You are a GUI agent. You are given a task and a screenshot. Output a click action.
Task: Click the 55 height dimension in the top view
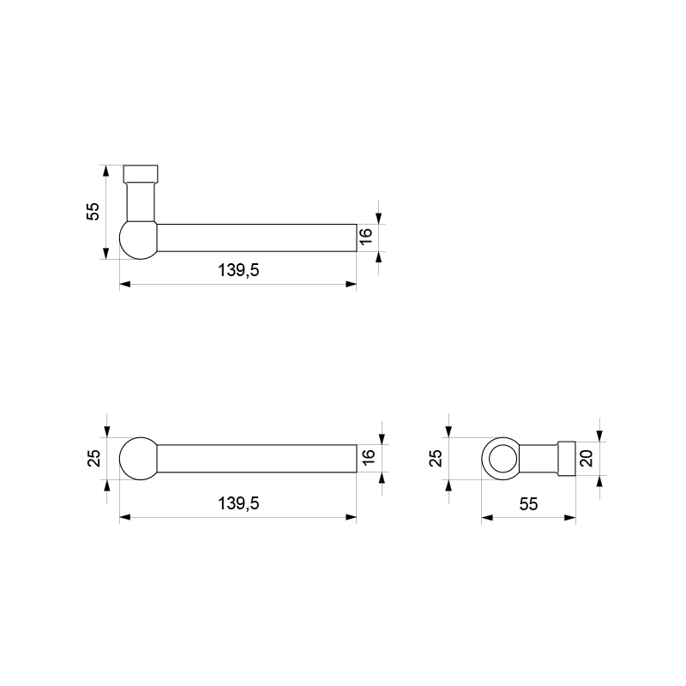[94, 212]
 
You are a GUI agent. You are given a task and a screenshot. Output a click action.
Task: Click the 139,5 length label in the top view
[238, 270]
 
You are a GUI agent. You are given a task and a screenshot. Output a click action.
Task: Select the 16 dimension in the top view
[366, 237]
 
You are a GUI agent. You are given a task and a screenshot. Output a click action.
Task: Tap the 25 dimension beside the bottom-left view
[94, 458]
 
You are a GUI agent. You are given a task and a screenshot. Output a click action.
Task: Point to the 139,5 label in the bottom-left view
[238, 503]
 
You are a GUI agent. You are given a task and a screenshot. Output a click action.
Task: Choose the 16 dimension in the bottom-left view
[369, 457]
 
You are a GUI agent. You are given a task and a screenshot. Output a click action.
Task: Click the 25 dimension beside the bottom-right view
[436, 458]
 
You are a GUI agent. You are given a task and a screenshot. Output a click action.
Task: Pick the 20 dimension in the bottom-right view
[587, 458]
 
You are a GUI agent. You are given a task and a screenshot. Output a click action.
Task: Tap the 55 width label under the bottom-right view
[528, 504]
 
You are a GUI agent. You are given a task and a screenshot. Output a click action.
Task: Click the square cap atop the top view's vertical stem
[141, 174]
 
